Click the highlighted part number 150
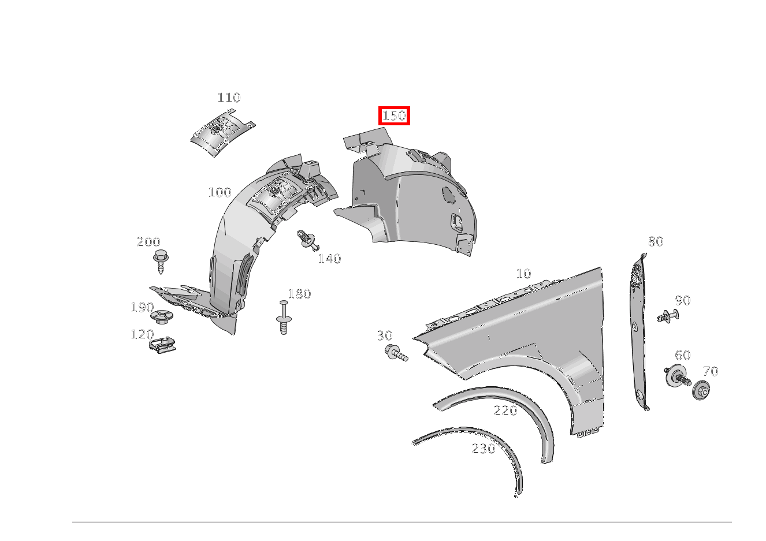[x=394, y=116]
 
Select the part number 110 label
[x=229, y=98]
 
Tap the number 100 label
[x=220, y=192]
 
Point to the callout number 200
[x=148, y=242]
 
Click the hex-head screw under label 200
[x=160, y=261]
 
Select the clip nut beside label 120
[x=163, y=344]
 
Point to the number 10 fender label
[x=523, y=274]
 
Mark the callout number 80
[x=656, y=241]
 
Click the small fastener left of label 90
[x=667, y=316]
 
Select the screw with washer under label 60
[x=677, y=377]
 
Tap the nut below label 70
[x=701, y=391]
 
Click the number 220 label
[x=505, y=411]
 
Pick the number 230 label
[x=484, y=449]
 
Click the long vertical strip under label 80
[x=637, y=335]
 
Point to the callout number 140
[x=329, y=259]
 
